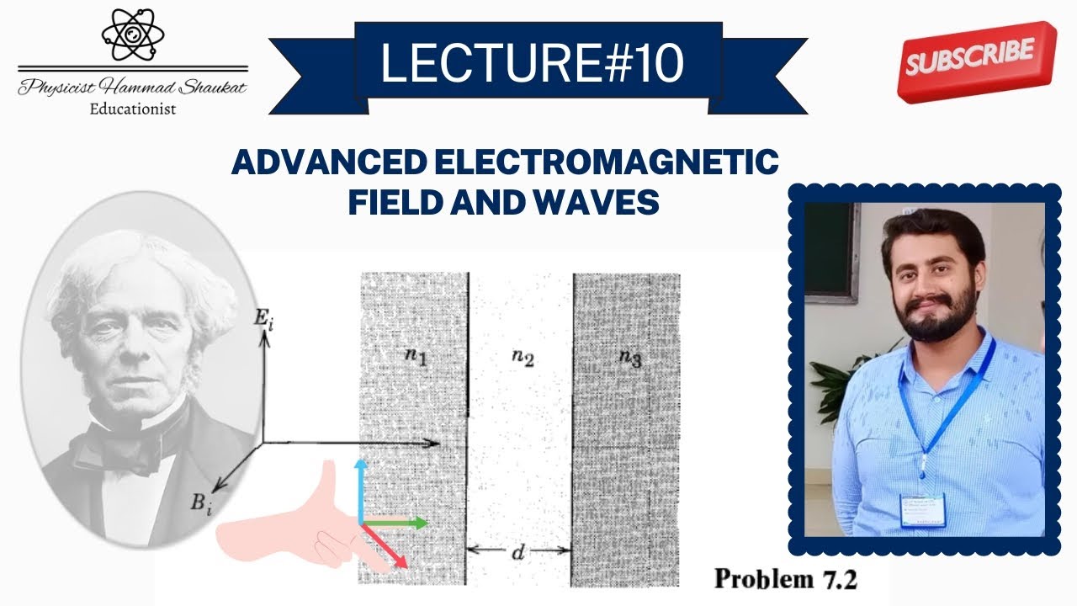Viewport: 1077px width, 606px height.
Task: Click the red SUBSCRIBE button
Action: click(x=976, y=60)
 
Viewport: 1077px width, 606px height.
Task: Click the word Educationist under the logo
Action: click(x=133, y=108)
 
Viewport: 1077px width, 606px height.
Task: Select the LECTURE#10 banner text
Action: click(x=532, y=64)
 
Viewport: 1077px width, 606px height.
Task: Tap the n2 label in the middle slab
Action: click(x=523, y=359)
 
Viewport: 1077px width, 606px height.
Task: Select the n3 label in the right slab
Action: click(x=630, y=357)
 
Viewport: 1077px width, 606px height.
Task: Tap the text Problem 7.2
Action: click(x=786, y=578)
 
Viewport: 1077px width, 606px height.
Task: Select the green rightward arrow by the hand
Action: click(x=395, y=523)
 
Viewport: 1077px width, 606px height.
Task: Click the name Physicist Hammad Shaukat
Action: click(x=133, y=88)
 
